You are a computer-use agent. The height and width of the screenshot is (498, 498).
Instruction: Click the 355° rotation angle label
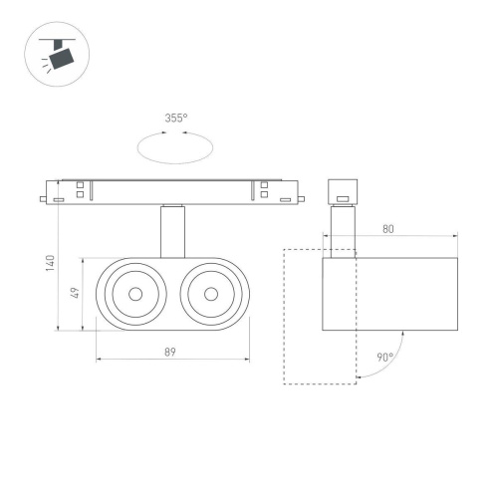[175, 119]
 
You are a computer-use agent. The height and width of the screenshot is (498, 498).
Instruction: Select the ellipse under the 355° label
[175, 148]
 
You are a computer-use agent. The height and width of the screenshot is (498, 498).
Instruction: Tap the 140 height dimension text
[50, 266]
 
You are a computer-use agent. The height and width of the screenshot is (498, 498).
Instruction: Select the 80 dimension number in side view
[387, 229]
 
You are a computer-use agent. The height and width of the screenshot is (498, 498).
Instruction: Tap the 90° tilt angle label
[384, 357]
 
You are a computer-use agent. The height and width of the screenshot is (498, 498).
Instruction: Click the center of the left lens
[134, 294]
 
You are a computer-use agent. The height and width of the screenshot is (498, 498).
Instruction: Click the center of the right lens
[211, 294]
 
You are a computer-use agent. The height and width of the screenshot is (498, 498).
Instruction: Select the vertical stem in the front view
[172, 231]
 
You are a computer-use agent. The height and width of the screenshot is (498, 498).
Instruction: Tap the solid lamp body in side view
[389, 295]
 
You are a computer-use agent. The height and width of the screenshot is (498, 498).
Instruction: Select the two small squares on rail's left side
[80, 190]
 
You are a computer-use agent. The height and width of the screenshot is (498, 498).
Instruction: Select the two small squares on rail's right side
[264, 190]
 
